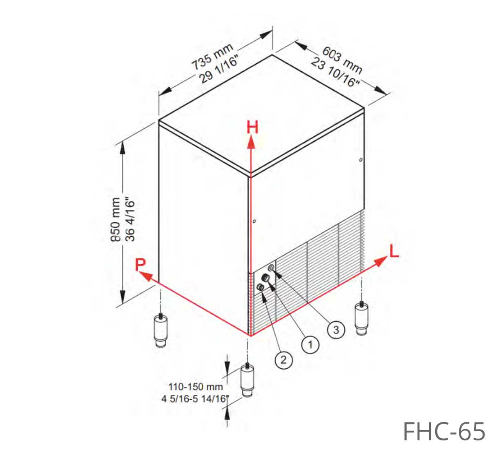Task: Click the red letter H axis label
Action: (x=252, y=127)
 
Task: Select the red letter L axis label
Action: (x=394, y=250)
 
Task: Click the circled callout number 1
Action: (x=310, y=345)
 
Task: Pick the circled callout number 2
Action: (x=283, y=360)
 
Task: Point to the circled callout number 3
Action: (x=336, y=330)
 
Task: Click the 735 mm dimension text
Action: (x=212, y=57)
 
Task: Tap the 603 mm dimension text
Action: (x=342, y=60)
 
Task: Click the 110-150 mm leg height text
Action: (x=196, y=387)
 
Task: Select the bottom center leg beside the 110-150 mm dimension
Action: (x=247, y=380)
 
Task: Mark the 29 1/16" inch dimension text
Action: (x=218, y=70)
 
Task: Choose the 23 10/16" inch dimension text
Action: (x=335, y=73)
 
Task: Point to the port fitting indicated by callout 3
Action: (x=271, y=268)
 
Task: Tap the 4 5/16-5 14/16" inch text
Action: (x=195, y=398)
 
